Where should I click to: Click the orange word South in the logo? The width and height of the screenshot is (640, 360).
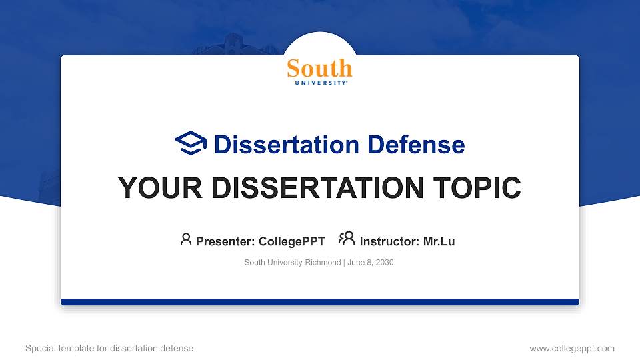point(319,68)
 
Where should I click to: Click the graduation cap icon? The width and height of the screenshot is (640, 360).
point(191,143)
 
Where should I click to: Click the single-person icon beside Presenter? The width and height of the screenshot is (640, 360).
point(186,239)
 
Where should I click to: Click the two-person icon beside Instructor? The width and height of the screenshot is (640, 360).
point(347,239)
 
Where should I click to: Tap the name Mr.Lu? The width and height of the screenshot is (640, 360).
point(439,241)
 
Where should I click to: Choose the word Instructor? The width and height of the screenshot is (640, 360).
point(390,241)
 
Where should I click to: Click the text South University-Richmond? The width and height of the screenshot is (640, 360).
point(292,263)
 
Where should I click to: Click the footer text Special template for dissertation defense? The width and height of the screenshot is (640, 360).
point(109,348)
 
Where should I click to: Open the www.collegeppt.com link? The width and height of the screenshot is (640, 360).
point(572,348)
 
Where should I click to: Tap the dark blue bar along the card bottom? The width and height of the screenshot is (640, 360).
point(320,302)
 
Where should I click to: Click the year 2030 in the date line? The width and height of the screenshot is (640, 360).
point(385,263)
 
